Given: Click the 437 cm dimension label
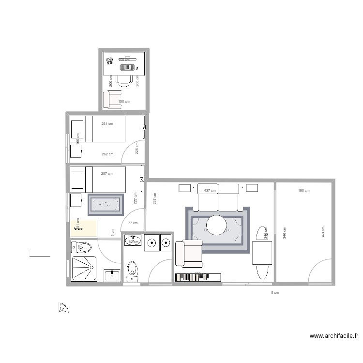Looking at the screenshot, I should click(210, 191).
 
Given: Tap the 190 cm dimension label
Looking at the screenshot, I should click(303, 191).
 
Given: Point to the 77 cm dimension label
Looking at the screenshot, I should click(132, 223).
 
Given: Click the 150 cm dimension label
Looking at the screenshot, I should click(124, 101).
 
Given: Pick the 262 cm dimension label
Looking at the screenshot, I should click(107, 154).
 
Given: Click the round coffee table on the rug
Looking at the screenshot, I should click(216, 225).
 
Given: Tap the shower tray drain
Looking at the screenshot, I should click(85, 268).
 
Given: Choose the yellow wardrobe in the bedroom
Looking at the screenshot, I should click(84, 228).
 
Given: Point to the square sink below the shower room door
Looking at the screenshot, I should click(112, 275).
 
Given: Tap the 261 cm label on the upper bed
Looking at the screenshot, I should click(107, 124).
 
